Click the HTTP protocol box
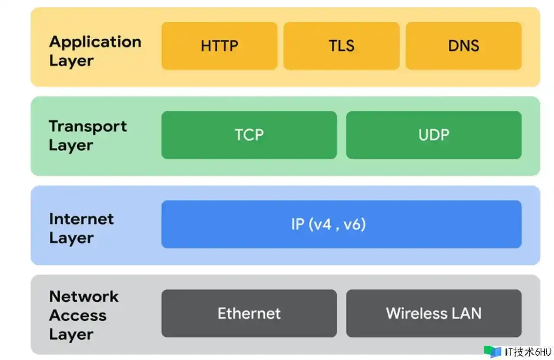(x=219, y=46)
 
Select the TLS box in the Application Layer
(x=341, y=46)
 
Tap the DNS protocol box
(x=464, y=46)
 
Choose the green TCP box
(x=249, y=135)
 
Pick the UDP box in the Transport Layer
(x=434, y=135)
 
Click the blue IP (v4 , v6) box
(x=341, y=224)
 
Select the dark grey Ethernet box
(x=249, y=314)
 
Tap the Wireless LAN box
(x=434, y=314)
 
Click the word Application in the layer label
(x=95, y=42)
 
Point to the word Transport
(x=88, y=127)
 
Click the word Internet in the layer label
(x=81, y=219)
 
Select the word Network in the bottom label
(x=84, y=296)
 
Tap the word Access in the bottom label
(x=77, y=315)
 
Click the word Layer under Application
(x=71, y=61)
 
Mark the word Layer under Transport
(x=71, y=145)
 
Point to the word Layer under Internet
(x=71, y=238)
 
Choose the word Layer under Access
(x=71, y=335)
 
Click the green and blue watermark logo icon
(x=493, y=352)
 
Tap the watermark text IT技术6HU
(x=528, y=352)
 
